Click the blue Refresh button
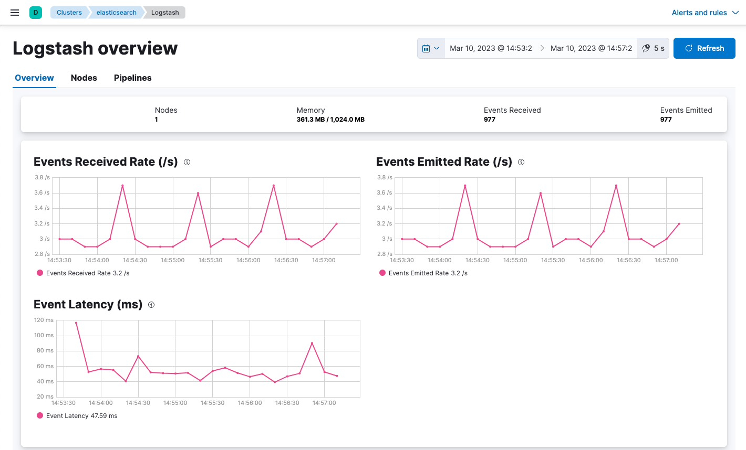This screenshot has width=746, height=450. tap(704, 48)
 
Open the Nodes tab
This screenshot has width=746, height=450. tap(84, 78)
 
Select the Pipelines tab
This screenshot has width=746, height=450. tap(132, 78)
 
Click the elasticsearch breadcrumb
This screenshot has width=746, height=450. tap(116, 13)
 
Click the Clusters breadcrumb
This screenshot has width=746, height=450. tap(69, 13)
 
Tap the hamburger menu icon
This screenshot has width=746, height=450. tap(15, 13)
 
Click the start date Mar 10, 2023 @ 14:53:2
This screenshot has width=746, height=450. tap(491, 48)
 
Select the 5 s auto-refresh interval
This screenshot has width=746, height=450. tap(653, 48)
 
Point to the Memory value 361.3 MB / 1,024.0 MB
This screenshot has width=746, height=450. tap(330, 120)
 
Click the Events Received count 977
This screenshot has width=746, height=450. tap(490, 120)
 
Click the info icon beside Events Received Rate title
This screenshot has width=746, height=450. tap(187, 162)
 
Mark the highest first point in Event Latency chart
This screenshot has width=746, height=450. tap(76, 323)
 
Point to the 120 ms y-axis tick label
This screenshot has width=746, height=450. tap(44, 320)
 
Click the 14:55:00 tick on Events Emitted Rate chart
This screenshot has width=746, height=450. tap(515, 260)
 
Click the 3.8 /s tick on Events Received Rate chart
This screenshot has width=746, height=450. tap(42, 177)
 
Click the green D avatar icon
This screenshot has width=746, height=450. tap(36, 13)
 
